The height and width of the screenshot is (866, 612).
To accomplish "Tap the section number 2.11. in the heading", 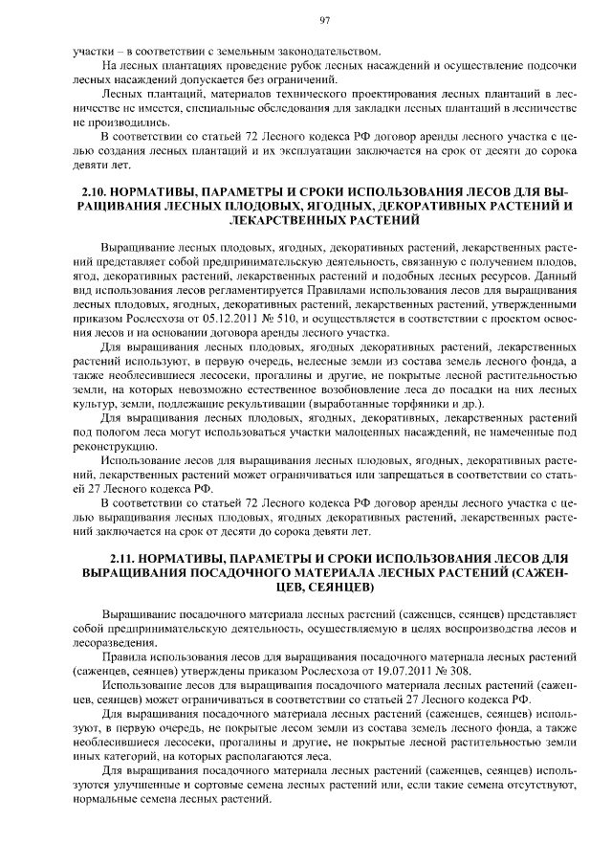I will tap(126, 558).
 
